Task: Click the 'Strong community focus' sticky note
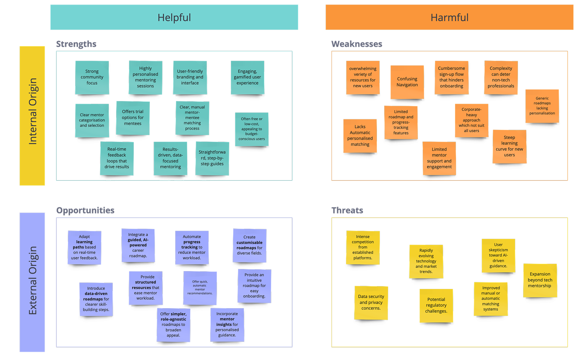(x=92, y=77)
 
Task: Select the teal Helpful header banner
(x=174, y=17)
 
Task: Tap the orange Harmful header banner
(x=449, y=17)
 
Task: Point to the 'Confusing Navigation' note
(x=407, y=82)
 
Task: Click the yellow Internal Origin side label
(x=32, y=115)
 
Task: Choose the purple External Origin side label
(x=32, y=282)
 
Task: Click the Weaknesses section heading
(x=357, y=44)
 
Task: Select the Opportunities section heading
(x=85, y=210)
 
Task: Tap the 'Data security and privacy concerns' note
(x=371, y=303)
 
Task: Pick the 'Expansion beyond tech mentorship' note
(x=540, y=280)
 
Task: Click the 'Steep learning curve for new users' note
(x=509, y=146)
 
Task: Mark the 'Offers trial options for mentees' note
(x=133, y=118)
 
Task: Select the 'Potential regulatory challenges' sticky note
(x=436, y=305)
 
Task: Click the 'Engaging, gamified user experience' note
(x=247, y=77)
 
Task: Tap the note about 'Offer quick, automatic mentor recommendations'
(x=200, y=288)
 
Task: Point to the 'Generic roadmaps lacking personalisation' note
(x=542, y=106)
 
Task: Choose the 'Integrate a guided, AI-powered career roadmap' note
(x=138, y=245)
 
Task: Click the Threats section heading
(x=347, y=210)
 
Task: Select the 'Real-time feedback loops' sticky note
(x=117, y=158)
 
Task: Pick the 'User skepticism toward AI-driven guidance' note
(x=498, y=255)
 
